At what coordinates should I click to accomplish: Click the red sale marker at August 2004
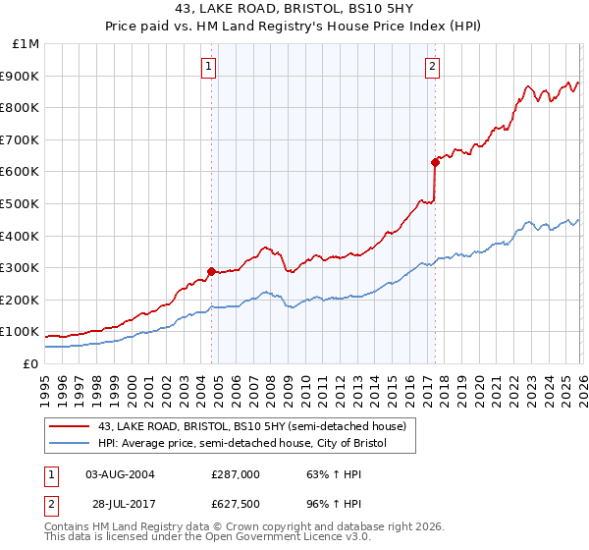(211, 271)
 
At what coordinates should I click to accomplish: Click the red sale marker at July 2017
(435, 162)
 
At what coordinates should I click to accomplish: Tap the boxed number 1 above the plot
(210, 67)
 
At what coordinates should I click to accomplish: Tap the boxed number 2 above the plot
(433, 67)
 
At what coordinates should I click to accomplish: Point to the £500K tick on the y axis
(21, 204)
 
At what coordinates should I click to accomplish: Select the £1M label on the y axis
(26, 44)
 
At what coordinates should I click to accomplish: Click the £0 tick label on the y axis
(31, 363)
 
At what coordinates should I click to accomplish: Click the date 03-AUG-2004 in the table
(120, 473)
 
